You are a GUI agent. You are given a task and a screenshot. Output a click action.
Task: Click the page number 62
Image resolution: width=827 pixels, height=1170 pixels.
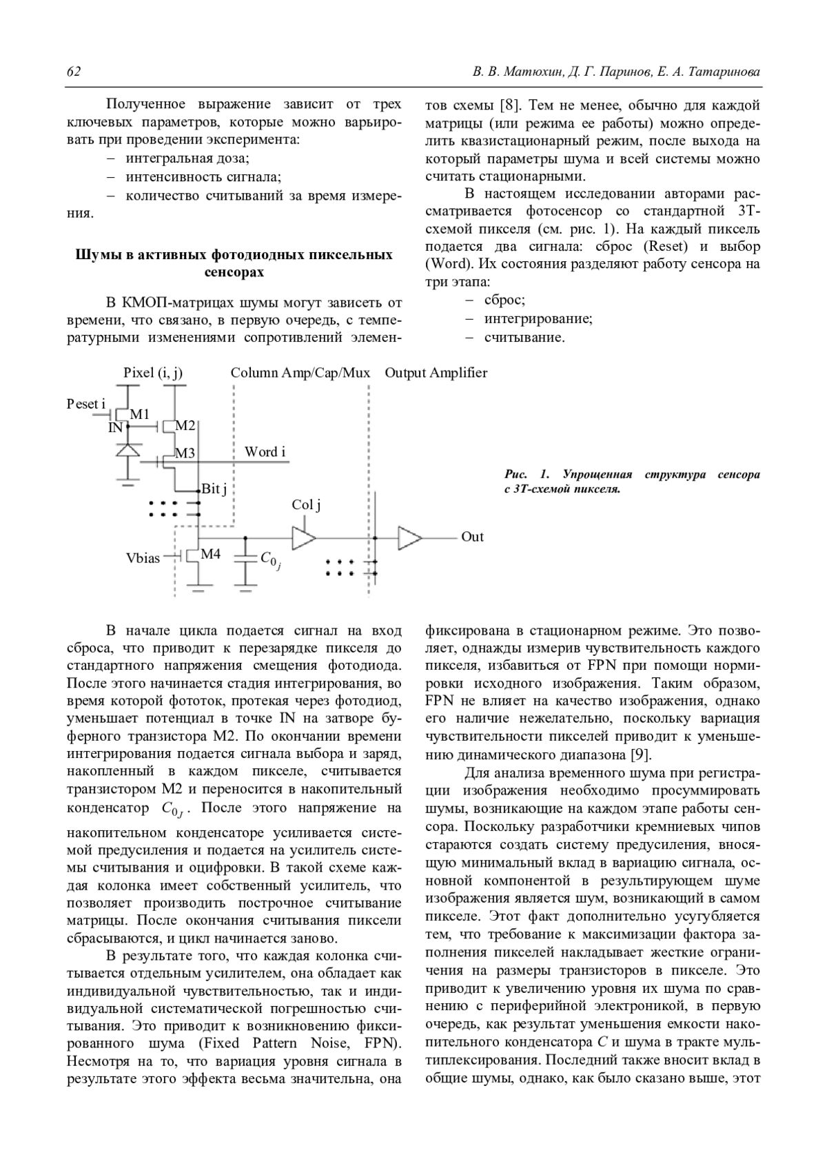click(x=74, y=72)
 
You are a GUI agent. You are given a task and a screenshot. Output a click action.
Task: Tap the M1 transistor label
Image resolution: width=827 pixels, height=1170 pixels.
click(x=140, y=414)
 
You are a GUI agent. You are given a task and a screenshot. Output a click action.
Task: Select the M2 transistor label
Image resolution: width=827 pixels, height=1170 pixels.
click(x=185, y=426)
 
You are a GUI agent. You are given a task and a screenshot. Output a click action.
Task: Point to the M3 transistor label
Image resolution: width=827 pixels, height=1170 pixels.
click(x=185, y=453)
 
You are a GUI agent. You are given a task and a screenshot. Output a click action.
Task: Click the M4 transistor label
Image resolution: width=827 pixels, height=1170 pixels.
click(x=210, y=553)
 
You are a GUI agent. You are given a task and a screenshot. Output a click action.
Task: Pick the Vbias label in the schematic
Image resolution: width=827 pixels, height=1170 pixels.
click(x=143, y=558)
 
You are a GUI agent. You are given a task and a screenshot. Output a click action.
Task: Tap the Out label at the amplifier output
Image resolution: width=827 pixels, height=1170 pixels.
click(x=472, y=537)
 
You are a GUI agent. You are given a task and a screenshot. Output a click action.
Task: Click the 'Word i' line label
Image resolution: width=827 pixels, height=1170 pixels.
click(x=265, y=452)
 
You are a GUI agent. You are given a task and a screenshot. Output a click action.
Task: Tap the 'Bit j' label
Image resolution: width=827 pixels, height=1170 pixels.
click(x=214, y=489)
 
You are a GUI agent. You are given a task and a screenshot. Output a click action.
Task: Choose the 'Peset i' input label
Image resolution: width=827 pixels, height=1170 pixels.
click(x=86, y=404)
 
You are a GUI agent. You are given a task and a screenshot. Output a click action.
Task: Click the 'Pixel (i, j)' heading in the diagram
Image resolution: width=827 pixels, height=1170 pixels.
click(x=153, y=373)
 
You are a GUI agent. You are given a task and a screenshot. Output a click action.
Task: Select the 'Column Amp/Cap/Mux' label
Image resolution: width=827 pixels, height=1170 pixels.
click(x=300, y=373)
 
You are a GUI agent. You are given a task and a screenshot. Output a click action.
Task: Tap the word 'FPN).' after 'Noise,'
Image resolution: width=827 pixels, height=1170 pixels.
click(x=383, y=1043)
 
